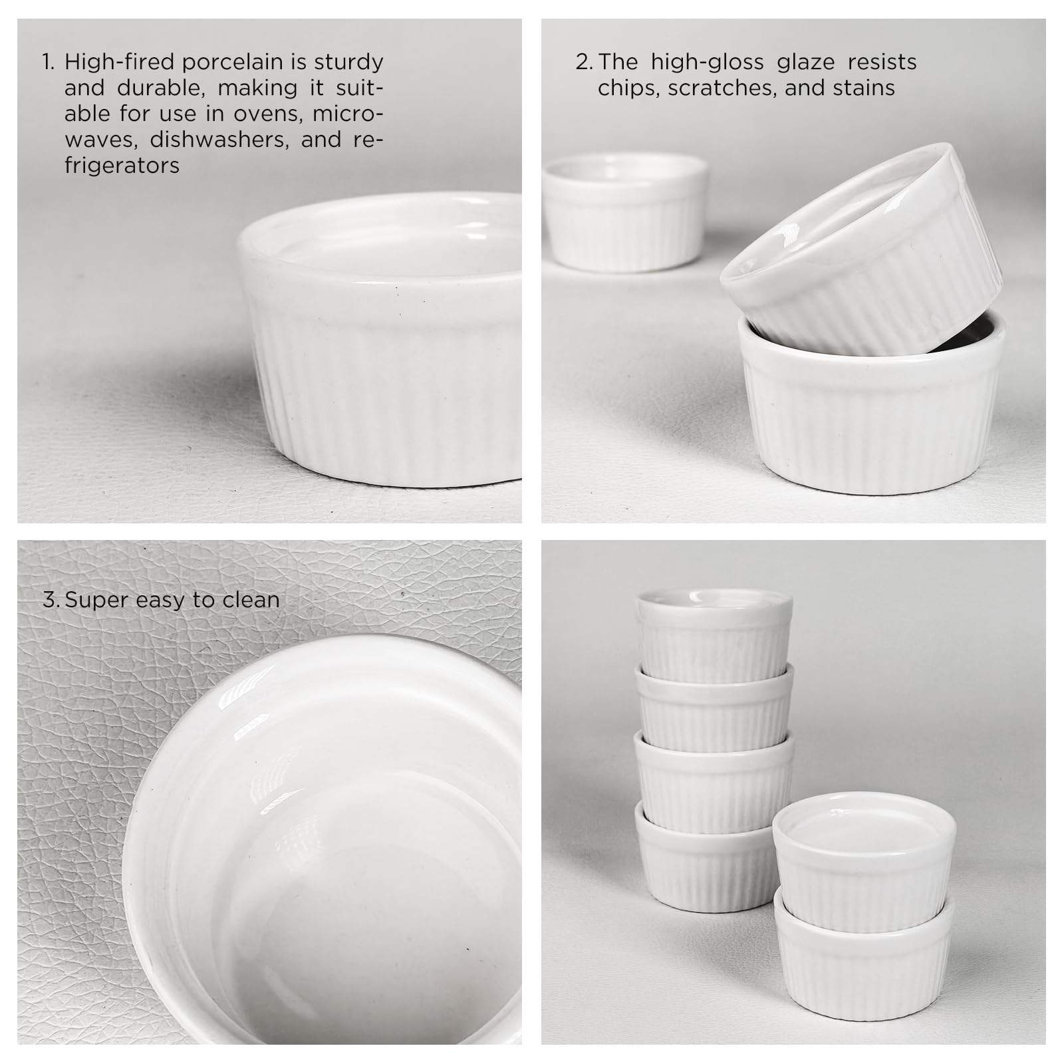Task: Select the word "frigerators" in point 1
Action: (122, 166)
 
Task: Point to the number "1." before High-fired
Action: (49, 63)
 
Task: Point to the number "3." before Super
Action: (51, 600)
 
